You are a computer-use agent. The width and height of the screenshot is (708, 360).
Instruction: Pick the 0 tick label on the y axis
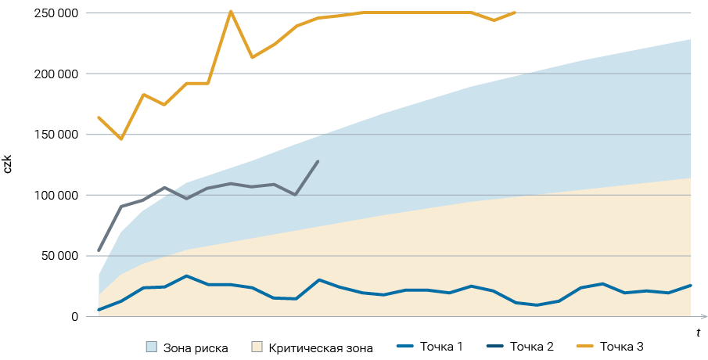[x=74, y=316]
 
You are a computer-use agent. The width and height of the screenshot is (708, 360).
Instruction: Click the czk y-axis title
[x=9, y=164]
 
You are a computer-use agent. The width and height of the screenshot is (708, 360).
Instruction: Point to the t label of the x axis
[x=698, y=333]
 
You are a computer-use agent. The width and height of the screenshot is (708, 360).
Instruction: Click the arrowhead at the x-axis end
[x=704, y=316]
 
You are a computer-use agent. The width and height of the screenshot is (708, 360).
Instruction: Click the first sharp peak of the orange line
[x=230, y=12]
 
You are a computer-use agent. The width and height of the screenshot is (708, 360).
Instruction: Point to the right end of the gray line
[x=318, y=161]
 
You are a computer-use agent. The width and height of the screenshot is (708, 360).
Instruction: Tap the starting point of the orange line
[x=99, y=117]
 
